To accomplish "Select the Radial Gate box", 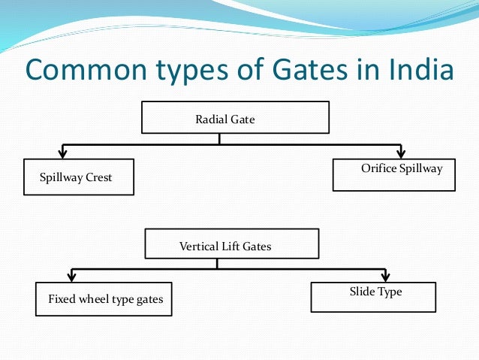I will point(235,118).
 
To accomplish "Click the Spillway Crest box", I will point(78,177).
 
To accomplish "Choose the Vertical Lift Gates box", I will point(231,244).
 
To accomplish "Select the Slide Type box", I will point(372,295).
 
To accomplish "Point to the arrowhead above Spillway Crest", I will point(65,152).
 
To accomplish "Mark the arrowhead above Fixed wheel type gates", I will point(71,277).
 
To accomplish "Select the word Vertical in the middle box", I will point(197,246).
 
